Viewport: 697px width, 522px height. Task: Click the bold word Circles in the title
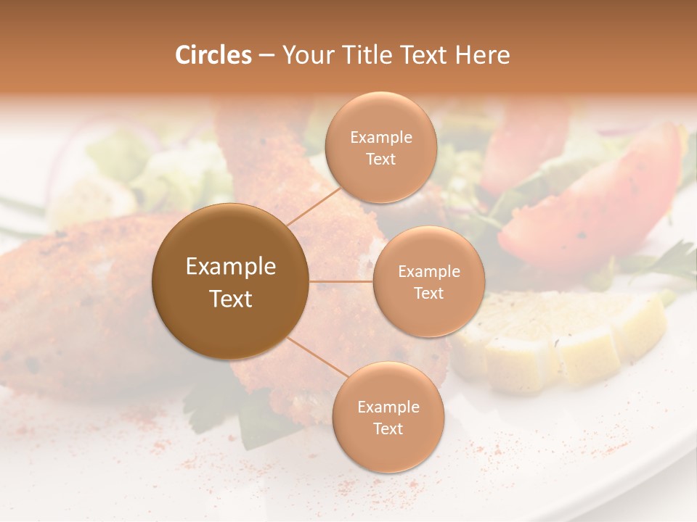[213, 55]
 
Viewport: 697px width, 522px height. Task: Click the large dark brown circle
[230, 281]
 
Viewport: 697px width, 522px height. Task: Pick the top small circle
[380, 147]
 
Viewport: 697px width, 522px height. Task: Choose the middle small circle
[428, 281]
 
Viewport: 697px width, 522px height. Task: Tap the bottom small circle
[388, 417]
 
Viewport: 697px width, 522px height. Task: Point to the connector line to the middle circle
[341, 281]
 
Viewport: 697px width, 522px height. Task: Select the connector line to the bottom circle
[317, 359]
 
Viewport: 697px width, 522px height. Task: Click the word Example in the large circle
[231, 267]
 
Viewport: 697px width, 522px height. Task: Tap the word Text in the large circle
[231, 299]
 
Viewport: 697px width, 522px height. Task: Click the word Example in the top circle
[380, 137]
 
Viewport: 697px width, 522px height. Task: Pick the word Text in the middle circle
[428, 293]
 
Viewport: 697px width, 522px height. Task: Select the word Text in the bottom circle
[388, 428]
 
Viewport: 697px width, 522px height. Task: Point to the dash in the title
[266, 56]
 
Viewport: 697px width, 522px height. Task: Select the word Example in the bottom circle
[388, 407]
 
